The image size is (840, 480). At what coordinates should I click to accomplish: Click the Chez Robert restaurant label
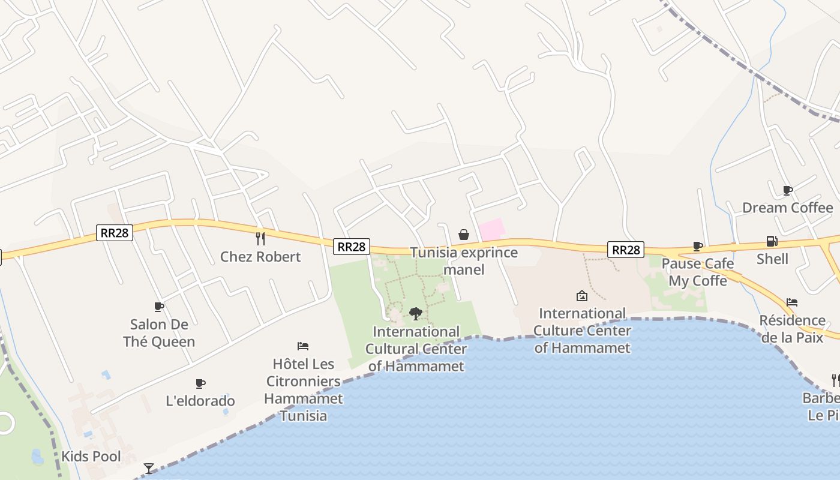click(x=260, y=257)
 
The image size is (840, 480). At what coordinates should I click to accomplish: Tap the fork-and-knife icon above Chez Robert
click(x=260, y=239)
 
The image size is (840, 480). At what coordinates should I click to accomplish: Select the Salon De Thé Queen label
click(x=159, y=333)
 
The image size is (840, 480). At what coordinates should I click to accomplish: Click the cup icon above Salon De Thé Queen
click(x=159, y=307)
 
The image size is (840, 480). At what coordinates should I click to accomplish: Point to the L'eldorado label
click(x=200, y=401)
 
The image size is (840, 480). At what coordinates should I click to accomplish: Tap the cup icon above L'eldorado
click(x=200, y=384)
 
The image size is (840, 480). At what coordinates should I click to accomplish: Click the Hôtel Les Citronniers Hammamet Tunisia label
click(x=304, y=389)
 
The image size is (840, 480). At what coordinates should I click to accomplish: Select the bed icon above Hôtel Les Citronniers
click(x=303, y=346)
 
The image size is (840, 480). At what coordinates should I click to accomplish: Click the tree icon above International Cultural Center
click(x=415, y=313)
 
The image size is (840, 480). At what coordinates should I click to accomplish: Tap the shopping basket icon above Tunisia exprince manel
click(x=464, y=235)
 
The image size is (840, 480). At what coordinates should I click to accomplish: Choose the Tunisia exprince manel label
click(x=464, y=261)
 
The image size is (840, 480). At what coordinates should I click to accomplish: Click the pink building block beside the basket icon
click(x=491, y=229)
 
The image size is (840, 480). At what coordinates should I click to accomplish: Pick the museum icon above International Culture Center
click(x=581, y=296)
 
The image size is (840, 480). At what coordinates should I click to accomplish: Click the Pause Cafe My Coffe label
click(x=698, y=272)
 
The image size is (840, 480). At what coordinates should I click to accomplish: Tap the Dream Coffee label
click(x=788, y=208)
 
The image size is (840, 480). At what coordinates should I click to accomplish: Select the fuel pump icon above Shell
click(x=772, y=241)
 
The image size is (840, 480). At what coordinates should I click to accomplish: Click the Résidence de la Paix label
click(x=792, y=329)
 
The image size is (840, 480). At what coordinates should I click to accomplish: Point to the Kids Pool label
click(x=91, y=457)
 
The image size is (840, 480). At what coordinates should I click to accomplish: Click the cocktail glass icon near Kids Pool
click(x=149, y=468)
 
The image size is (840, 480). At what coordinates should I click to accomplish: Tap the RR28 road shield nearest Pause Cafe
click(x=626, y=250)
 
